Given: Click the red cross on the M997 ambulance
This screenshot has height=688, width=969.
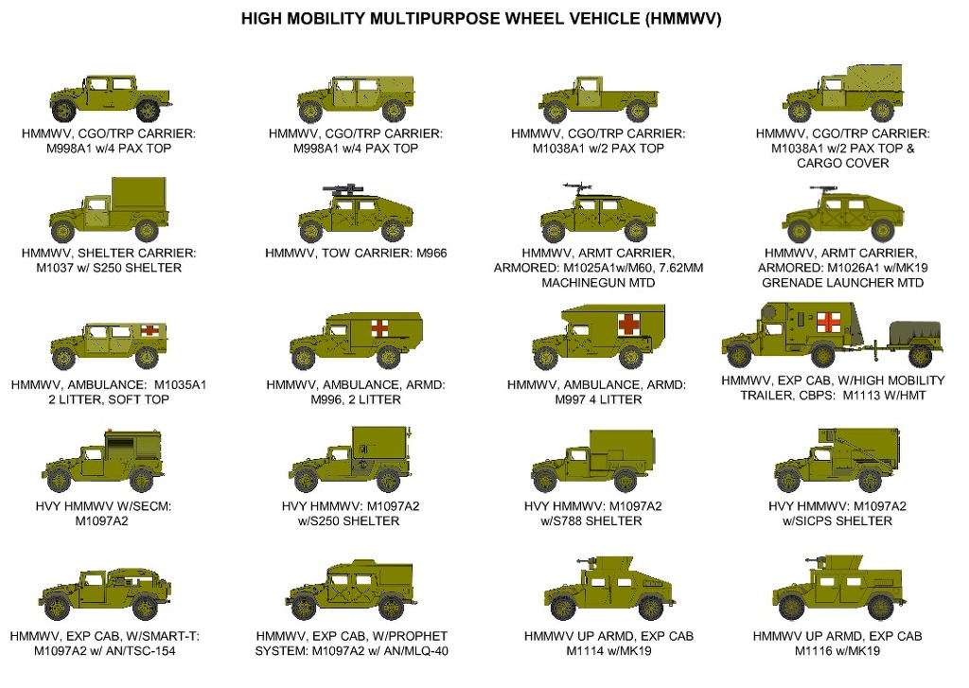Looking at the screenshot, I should (x=628, y=325).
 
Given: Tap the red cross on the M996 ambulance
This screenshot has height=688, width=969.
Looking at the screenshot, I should (x=380, y=327).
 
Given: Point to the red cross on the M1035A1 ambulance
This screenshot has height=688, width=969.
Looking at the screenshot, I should (x=150, y=331).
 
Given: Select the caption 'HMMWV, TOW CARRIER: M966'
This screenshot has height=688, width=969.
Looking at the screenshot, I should (x=356, y=253).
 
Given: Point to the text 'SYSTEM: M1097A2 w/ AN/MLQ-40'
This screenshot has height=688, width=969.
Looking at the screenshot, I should (x=351, y=650).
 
